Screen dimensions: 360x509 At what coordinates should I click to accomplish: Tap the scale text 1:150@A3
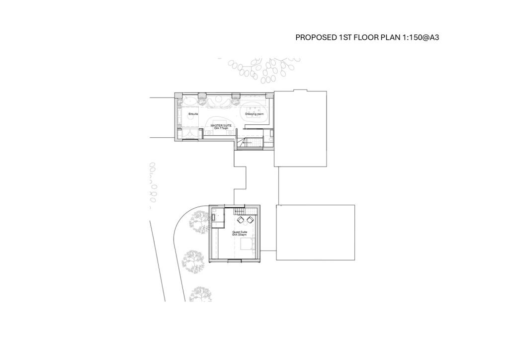tap(418, 37)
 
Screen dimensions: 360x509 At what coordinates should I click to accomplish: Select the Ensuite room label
tap(193, 114)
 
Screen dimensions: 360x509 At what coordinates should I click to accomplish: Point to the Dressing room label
tap(254, 114)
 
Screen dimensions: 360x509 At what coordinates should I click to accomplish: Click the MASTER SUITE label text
tap(220, 126)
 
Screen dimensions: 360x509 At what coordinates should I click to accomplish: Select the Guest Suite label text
tap(239, 232)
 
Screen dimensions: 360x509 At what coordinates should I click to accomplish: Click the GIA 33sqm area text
tap(239, 235)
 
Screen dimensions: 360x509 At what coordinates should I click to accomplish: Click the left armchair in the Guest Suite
tap(241, 220)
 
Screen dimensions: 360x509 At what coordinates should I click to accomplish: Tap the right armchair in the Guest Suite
tap(250, 220)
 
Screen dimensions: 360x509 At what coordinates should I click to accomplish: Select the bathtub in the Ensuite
tap(189, 102)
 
